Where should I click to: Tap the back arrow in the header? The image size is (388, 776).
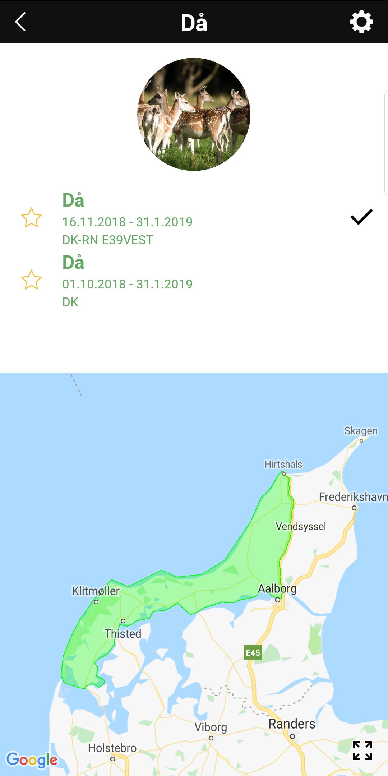[x=20, y=22]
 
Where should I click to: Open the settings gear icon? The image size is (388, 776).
[x=361, y=22]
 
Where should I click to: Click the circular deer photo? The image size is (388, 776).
[x=194, y=114]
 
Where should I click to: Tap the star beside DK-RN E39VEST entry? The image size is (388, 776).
[x=31, y=218]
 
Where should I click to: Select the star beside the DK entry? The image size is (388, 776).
[x=31, y=280]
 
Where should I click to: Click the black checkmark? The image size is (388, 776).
[x=361, y=217]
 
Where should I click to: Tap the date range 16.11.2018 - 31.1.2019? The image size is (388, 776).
[x=128, y=222]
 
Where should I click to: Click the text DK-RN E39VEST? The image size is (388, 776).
[x=108, y=240]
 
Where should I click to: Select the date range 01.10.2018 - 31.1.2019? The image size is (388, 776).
[x=128, y=284]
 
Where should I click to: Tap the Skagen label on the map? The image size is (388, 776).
[x=361, y=430]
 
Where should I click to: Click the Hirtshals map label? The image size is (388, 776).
[x=283, y=464]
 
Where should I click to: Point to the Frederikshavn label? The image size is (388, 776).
[x=353, y=497]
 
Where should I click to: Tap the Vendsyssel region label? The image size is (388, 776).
[x=301, y=526]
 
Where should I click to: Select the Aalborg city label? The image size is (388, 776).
[x=277, y=588]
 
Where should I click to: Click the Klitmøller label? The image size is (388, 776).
[x=96, y=591]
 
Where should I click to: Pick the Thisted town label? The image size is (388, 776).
[x=123, y=633]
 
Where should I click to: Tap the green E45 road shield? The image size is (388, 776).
[x=253, y=653]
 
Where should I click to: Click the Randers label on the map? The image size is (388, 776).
[x=292, y=724]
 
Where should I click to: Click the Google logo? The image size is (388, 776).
[x=32, y=759]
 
